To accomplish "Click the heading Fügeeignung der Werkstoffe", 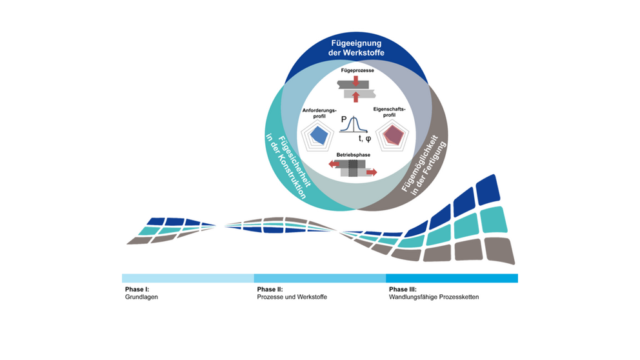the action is [356, 48].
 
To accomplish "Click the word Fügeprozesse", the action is [357, 70].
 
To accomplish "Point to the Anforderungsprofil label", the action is [319, 113].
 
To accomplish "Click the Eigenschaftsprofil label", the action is [390, 112].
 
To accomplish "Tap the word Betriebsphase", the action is [353, 155].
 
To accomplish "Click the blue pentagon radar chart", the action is [317, 136].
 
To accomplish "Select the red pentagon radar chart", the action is [392, 136].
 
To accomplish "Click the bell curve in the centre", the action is [354, 124].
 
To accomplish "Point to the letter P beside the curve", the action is [344, 119].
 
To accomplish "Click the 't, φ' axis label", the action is [365, 139].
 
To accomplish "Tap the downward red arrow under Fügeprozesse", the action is [355, 81].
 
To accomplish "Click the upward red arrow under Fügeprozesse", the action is [356, 97].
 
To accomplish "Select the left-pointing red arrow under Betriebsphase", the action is [334, 164].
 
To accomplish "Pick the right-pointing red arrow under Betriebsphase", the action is [372, 173].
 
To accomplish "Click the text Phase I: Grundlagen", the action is [141, 293].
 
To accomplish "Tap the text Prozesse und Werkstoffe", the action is [292, 297].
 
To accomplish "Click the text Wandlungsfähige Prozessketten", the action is [434, 297].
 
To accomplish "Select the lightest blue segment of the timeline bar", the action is [188, 278].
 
